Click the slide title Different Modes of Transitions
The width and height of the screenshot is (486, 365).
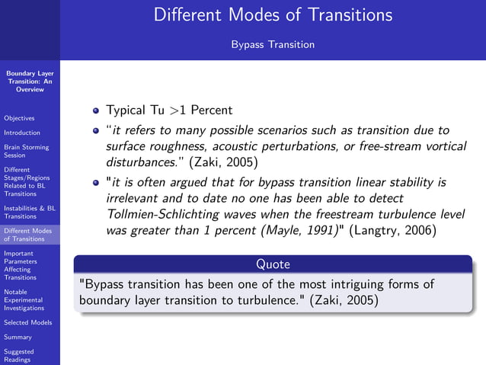[273, 14]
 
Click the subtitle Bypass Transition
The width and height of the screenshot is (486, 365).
[273, 44]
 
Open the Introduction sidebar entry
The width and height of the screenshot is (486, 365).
[21, 133]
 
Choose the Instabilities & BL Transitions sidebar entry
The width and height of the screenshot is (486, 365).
[29, 212]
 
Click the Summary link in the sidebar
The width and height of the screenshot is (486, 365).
[18, 337]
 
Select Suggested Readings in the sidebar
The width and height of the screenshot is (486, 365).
[19, 356]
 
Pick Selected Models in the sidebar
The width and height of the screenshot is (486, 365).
[27, 322]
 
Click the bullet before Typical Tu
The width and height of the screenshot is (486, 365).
[96, 110]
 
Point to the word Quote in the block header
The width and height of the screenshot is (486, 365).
[272, 264]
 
